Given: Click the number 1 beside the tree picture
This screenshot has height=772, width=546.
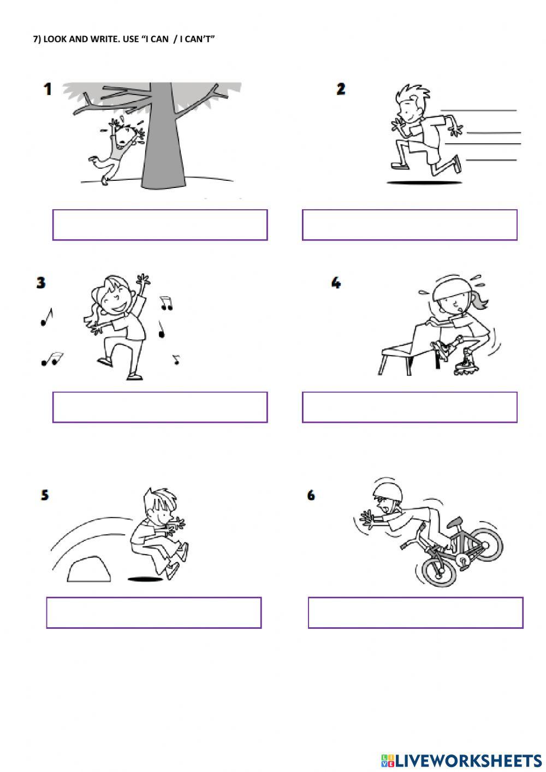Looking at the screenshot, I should click(x=48, y=89).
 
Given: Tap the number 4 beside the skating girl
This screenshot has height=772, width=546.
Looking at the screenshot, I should click(x=336, y=282).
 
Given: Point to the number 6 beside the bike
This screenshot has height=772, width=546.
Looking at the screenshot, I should click(x=311, y=495).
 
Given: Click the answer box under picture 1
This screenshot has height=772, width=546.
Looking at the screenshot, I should click(x=160, y=225).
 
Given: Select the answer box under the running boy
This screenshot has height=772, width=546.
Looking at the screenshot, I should click(x=410, y=225).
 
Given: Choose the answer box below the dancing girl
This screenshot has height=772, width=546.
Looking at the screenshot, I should click(x=160, y=407).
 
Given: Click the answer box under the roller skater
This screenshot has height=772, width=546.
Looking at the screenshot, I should click(x=410, y=407).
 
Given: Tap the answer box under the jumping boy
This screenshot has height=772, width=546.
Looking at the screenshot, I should click(x=154, y=612).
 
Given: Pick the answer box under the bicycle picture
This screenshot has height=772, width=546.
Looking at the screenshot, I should click(x=416, y=612).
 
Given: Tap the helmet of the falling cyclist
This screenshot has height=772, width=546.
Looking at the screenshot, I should click(x=388, y=490).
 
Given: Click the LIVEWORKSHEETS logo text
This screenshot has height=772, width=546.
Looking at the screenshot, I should click(x=468, y=760).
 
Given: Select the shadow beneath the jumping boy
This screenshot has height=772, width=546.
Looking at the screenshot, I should click(x=146, y=579).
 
